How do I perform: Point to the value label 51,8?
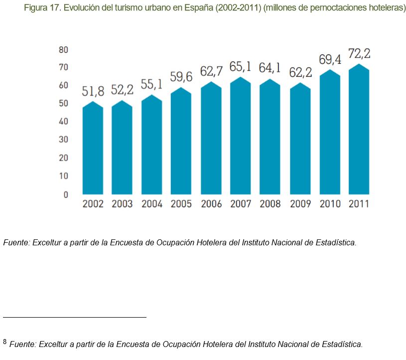93,91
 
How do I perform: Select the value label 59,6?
181,77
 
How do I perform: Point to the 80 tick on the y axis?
63,49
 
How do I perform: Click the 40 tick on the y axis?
63,122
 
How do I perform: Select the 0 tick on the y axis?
65,194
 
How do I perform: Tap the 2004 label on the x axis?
152,204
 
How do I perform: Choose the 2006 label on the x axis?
211,204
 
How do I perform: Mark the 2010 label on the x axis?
330,204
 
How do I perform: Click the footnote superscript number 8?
5,342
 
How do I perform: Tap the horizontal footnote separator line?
75,317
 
